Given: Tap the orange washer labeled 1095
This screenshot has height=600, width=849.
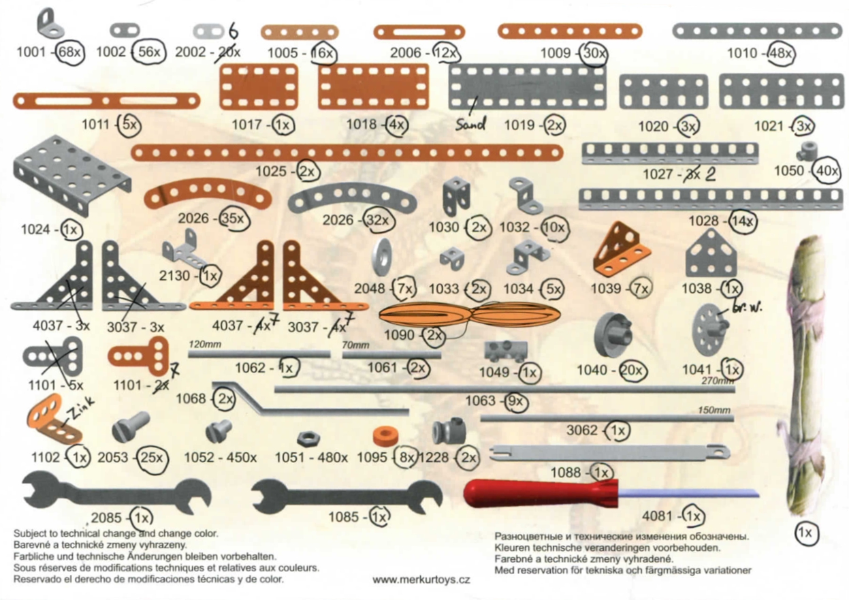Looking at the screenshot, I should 386,437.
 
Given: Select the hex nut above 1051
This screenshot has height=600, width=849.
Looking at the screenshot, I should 309,439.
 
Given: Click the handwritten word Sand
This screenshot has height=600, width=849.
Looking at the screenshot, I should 470,123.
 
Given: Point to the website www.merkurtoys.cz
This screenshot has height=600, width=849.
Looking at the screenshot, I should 421,580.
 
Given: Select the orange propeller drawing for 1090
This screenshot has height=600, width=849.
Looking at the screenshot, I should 469,315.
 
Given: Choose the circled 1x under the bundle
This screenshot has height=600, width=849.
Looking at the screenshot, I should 807,533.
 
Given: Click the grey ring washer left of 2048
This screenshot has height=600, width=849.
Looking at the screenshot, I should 381,257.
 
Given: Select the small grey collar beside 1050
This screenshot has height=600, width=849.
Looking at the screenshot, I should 807,150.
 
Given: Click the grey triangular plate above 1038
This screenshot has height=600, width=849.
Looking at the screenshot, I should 710,253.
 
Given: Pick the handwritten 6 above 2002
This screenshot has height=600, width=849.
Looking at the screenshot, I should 234,31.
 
